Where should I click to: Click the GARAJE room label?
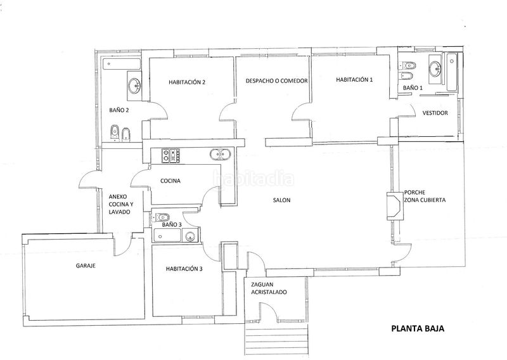coord(86,266)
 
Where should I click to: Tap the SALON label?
coord(281,200)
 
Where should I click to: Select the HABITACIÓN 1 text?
coord(354,80)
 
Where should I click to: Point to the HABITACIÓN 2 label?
coord(187,82)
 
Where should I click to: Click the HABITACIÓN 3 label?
coord(184,269)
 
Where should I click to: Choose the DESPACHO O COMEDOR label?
coord(276,81)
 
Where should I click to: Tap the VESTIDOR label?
coord(435,113)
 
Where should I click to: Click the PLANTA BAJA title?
coord(418,328)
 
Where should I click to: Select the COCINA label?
coord(170,181)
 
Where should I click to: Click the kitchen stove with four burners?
coord(170,155)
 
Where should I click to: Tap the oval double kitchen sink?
coord(220,155)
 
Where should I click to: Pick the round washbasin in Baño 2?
coord(134,86)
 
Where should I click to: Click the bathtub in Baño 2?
coord(122,64)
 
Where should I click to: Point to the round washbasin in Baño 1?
coord(435,68)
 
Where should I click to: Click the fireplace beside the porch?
coord(395,207)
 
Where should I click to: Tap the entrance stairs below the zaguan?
coord(276,340)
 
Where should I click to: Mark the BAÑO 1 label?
coord(413,87)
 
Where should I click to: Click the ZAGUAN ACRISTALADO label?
coord(269,288)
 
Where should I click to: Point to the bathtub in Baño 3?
coord(167,235)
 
